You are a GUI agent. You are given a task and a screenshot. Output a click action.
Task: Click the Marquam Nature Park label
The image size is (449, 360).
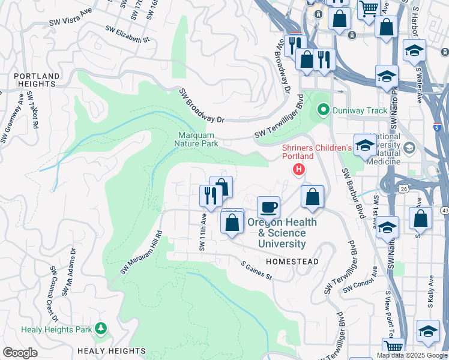196,139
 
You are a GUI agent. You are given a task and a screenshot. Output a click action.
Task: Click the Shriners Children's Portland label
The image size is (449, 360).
316,152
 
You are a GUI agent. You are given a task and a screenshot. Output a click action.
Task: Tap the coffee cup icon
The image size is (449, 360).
269,207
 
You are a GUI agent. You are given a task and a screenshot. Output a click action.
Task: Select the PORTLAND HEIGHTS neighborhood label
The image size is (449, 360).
37,80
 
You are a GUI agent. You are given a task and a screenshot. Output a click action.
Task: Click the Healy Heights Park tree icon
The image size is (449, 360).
101,328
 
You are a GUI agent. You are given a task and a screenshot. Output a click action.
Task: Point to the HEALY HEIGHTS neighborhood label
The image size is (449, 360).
111,350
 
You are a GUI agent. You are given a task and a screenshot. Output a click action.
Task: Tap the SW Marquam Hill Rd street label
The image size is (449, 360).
141,253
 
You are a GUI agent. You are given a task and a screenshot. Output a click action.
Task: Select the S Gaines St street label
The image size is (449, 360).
256,271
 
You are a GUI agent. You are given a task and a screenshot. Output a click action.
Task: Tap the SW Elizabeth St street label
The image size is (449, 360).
127,34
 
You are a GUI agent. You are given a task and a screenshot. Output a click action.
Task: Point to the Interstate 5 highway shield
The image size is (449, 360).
436,127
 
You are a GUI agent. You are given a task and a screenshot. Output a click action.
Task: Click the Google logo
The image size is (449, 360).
20,352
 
